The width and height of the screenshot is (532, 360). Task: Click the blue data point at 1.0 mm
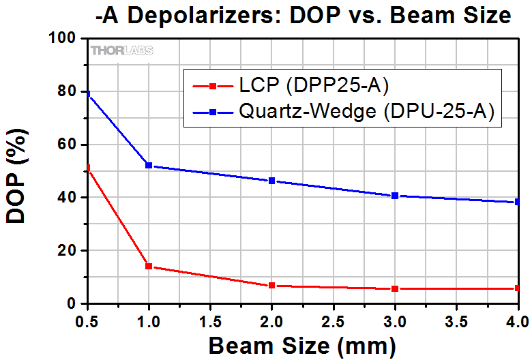tap(149, 166)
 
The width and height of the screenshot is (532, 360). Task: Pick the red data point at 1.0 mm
tap(149, 267)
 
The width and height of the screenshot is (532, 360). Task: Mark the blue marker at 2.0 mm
tap(272, 181)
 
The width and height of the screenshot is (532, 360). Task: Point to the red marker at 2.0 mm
tap(272, 286)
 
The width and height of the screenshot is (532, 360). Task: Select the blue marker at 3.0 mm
tap(395, 196)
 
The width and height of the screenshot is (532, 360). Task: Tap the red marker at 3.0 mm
tap(395, 289)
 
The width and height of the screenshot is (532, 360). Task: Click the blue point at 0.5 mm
tap(87, 93)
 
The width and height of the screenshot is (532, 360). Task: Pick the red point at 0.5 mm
tap(87, 168)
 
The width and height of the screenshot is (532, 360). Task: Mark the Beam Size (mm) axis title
tap(302, 346)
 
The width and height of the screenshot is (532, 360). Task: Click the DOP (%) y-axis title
tap(20, 171)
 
